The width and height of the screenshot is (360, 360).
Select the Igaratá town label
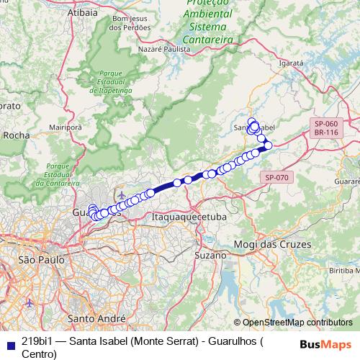pos(292,63)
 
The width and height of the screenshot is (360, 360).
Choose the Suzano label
pos(211,255)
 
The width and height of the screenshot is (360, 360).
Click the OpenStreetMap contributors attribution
pos(297,323)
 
